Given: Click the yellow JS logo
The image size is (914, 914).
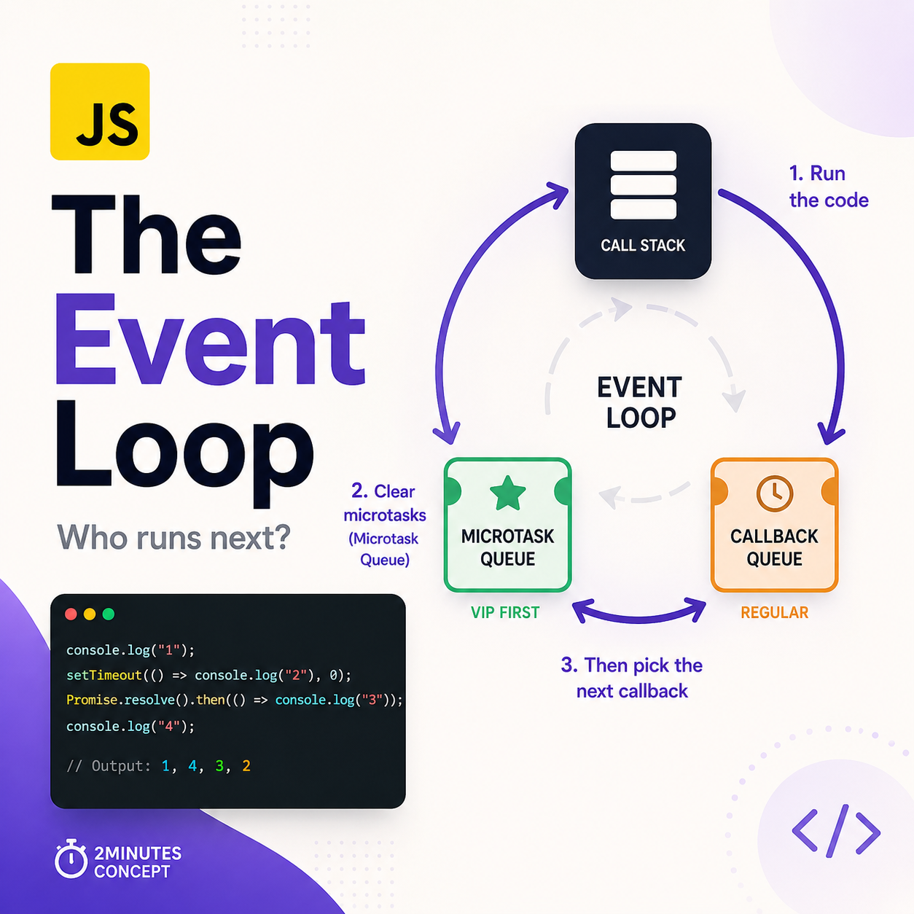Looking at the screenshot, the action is click(100, 112).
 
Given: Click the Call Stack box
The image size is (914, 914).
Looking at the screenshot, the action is click(643, 201).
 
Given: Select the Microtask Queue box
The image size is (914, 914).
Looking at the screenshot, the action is click(507, 525).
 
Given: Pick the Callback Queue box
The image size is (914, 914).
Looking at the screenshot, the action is click(774, 525).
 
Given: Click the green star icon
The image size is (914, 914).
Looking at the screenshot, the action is click(507, 493).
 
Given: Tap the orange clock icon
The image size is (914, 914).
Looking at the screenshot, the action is click(774, 493).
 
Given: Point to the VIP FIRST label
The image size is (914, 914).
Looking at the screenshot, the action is click(505, 612).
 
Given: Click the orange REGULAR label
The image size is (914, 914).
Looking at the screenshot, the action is click(775, 612).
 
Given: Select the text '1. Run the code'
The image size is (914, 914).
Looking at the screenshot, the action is click(829, 187).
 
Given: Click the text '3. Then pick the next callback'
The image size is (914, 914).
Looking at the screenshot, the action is click(632, 678).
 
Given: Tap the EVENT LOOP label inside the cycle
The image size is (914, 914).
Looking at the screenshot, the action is click(640, 402).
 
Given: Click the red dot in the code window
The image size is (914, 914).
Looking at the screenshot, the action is click(71, 614).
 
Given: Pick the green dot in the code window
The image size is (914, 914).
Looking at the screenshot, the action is click(108, 614).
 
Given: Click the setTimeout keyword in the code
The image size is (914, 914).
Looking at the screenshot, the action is click(104, 675).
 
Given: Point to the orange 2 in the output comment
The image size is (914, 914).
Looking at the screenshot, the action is click(246, 765).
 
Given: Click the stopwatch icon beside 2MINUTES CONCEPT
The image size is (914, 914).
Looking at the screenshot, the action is click(71, 859).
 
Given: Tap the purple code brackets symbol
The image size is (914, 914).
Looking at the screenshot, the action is click(836, 831).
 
